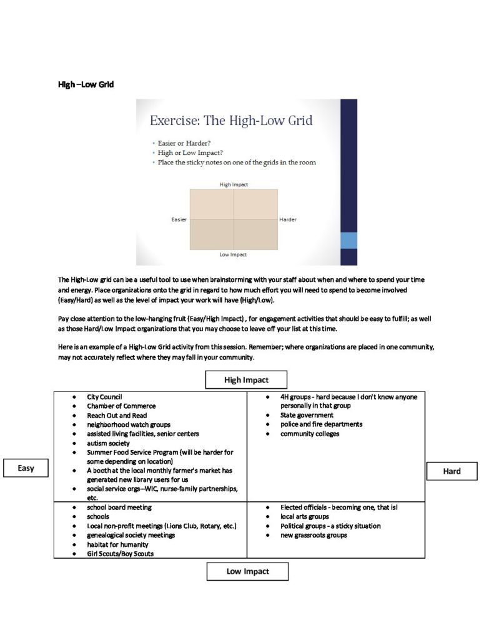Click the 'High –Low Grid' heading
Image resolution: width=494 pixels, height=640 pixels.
click(86, 84)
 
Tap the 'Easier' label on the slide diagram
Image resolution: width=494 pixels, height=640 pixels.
click(179, 220)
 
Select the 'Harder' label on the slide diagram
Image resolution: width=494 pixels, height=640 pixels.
click(288, 220)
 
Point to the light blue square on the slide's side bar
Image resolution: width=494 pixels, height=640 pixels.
click(348, 241)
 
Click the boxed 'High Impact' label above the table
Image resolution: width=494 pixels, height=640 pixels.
click(246, 380)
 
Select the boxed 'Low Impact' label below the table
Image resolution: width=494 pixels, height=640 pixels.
click(247, 571)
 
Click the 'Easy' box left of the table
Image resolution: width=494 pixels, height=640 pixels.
click(26, 468)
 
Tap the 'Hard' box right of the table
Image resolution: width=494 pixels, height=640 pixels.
click(452, 471)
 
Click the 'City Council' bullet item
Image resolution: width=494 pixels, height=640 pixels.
click(104, 397)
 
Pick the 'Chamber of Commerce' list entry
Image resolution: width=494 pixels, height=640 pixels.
click(121, 406)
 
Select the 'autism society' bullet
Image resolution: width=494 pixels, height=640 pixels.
click(108, 443)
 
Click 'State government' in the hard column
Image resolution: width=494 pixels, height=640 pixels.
click(307, 415)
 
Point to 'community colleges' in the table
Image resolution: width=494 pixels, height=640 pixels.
click(309, 434)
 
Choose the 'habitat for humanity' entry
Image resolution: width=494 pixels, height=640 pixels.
click(117, 544)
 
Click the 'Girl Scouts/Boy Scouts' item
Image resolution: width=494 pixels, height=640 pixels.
click(120, 554)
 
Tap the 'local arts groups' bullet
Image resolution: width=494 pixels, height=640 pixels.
click(304, 517)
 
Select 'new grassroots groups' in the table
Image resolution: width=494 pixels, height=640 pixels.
click(314, 535)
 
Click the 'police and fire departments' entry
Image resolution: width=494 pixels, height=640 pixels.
click(321, 424)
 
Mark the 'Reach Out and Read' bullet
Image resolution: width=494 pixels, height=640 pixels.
click(117, 416)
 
